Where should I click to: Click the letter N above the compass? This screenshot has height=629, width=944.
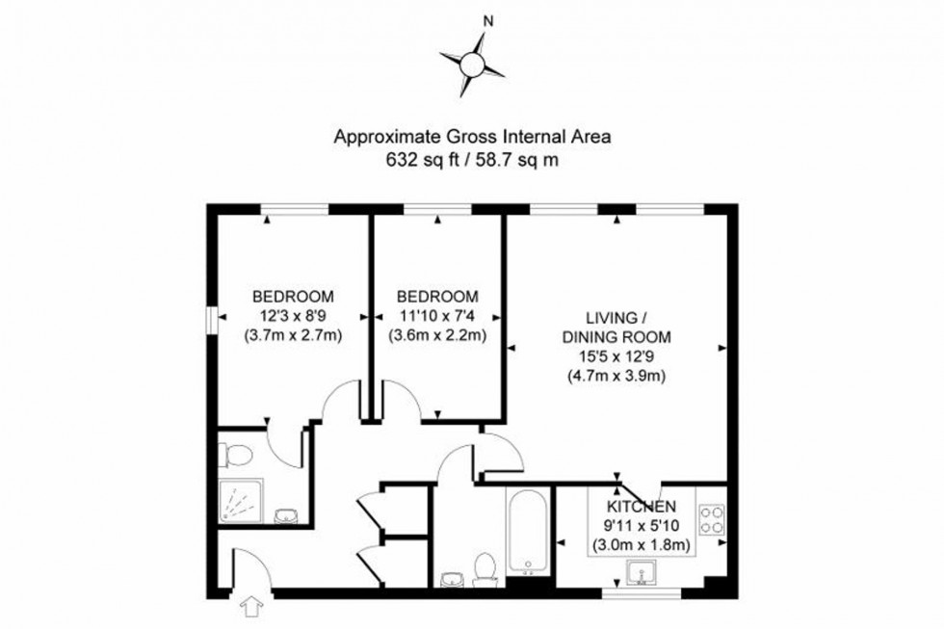(488, 20)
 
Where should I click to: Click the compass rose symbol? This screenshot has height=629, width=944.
(472, 65)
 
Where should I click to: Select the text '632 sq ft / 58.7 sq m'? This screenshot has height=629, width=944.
(472, 161)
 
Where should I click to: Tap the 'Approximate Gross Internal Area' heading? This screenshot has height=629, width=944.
(472, 138)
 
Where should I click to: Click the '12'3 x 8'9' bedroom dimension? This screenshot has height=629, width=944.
(293, 315)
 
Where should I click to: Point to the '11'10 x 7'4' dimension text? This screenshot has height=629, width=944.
(438, 315)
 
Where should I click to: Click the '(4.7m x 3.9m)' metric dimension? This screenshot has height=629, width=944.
(616, 377)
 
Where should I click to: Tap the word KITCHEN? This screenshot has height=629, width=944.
(641, 507)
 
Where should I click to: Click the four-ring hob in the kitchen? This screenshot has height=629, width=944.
(712, 520)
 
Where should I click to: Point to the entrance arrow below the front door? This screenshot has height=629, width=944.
(253, 607)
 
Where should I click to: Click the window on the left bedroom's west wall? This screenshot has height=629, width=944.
(210, 320)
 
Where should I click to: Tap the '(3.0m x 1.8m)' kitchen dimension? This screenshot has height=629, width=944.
(641, 546)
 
